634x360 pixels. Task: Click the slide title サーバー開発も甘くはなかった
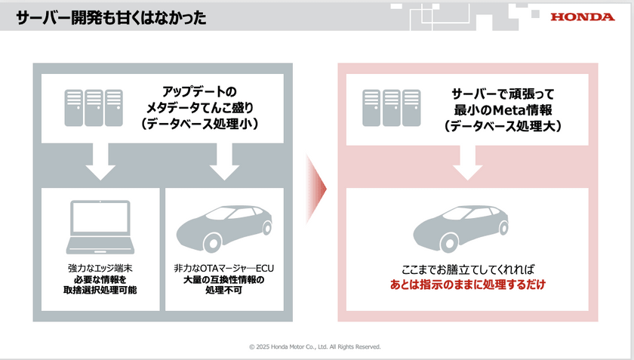tap(111, 17)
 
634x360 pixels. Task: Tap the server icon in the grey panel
tap(94, 107)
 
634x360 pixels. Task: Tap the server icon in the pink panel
tap(390, 106)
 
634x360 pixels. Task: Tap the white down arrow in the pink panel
tap(468, 162)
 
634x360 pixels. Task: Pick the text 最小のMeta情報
tap(502, 110)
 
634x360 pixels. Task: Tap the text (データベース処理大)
tap(502, 127)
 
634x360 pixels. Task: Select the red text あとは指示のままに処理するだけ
tap(468, 285)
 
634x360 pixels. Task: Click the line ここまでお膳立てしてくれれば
tap(468, 269)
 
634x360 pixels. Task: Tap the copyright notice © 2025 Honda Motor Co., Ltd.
tap(315, 347)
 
